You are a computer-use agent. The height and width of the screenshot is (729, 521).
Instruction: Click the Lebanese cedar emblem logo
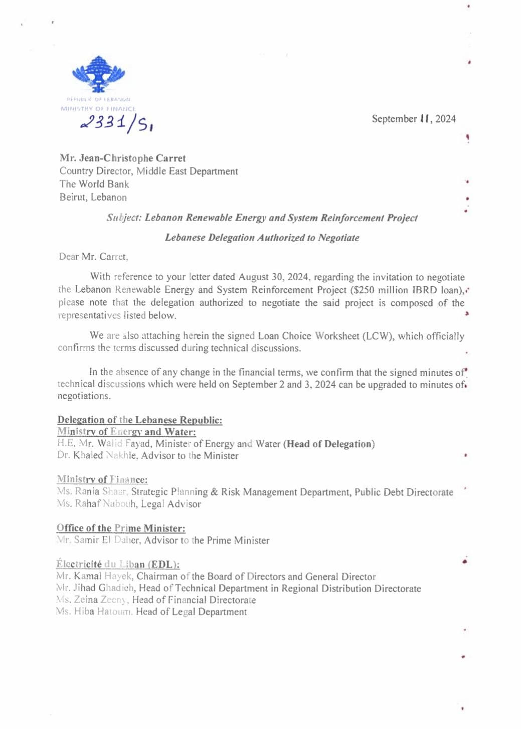pos(99,74)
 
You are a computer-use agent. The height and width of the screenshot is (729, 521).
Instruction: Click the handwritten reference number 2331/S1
pos(117,122)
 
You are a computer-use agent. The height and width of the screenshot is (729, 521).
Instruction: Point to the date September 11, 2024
pos(414,119)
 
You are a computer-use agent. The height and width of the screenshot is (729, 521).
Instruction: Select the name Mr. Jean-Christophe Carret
pos(123,158)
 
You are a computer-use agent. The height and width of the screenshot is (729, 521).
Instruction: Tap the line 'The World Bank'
pos(94,184)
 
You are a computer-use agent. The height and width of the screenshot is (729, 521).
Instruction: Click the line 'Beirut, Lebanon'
pos(93,197)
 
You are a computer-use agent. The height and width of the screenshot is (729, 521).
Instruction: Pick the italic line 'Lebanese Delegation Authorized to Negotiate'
pos(262,238)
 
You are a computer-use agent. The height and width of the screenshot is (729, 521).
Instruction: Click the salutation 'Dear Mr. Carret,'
pos(94,257)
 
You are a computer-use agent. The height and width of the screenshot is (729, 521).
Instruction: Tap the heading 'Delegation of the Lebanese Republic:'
pos(140,420)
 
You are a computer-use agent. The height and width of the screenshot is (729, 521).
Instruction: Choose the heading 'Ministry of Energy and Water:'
pos(126,432)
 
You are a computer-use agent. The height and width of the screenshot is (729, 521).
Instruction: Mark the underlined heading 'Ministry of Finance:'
pos(102,479)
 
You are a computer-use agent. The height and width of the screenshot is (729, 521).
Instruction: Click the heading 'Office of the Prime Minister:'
pos(121,528)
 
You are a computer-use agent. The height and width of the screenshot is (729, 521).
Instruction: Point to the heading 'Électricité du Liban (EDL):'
pos(118,564)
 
